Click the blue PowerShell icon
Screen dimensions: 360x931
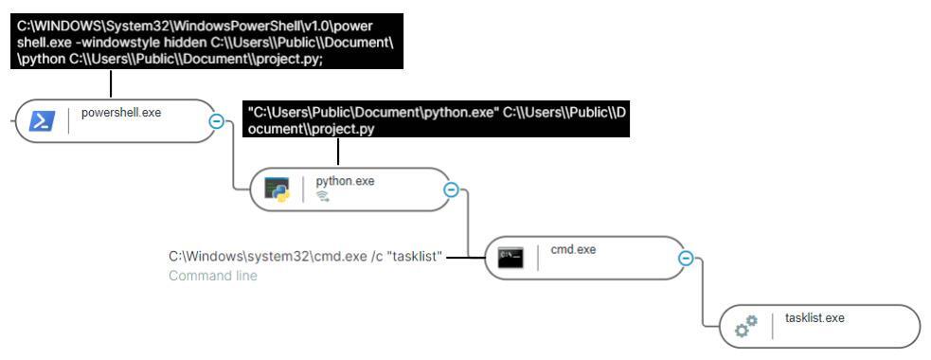click(42, 121)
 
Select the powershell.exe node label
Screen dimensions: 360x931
click(121, 113)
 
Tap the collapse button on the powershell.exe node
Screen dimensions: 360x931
click(216, 121)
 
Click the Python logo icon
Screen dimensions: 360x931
click(276, 190)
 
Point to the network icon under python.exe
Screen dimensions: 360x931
click(322, 197)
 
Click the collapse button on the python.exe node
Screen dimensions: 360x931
click(451, 190)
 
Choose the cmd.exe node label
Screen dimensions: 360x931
click(573, 250)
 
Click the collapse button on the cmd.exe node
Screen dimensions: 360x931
click(686, 259)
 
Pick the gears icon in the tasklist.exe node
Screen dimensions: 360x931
click(746, 327)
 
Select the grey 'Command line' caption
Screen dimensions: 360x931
click(213, 276)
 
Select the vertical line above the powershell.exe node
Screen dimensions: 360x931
click(111, 84)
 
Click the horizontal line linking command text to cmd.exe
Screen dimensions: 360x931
click(460, 257)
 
